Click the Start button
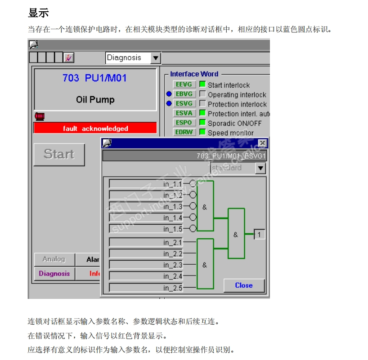[59, 155]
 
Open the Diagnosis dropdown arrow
[156, 58]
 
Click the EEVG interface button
[184, 84]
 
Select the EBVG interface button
[184, 94]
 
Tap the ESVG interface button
[184, 103]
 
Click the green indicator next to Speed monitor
[202, 132]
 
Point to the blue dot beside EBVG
[169, 94]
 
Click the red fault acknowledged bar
[95, 129]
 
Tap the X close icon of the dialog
[262, 143]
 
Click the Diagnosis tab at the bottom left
[54, 274]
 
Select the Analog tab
[54, 259]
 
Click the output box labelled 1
[260, 234]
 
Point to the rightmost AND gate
[236, 234]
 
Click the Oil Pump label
[95, 100]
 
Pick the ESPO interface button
[184, 122]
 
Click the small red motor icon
[40, 116]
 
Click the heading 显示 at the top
[38, 13]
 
